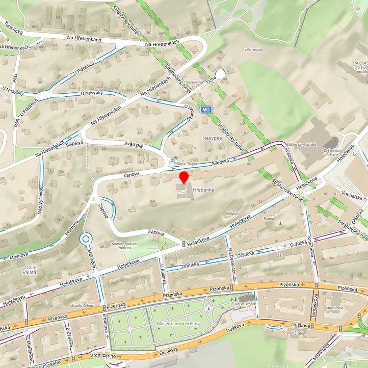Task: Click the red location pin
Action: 184,177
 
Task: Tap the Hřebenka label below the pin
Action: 203,190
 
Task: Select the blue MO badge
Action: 205,110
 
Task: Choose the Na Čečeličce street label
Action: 232,258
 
